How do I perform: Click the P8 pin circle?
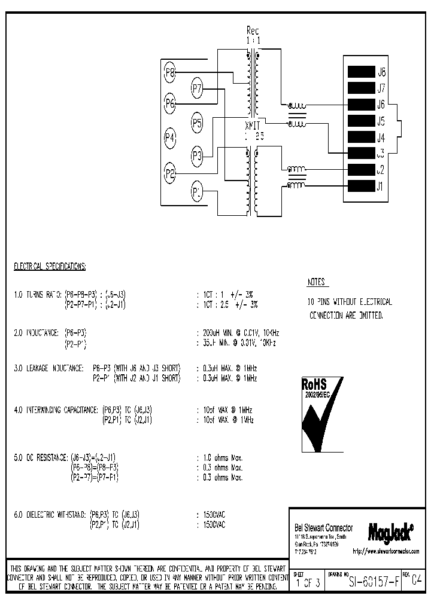click(170, 73)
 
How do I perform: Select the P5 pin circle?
click(198, 124)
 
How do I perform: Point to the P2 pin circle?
click(170, 174)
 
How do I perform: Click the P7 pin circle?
click(198, 90)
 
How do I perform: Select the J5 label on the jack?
click(381, 121)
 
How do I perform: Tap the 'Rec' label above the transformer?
click(253, 30)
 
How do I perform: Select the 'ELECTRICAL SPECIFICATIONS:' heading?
click(50, 265)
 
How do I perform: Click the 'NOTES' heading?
click(317, 282)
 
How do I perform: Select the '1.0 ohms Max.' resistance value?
click(220, 457)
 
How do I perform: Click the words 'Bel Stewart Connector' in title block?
click(324, 528)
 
